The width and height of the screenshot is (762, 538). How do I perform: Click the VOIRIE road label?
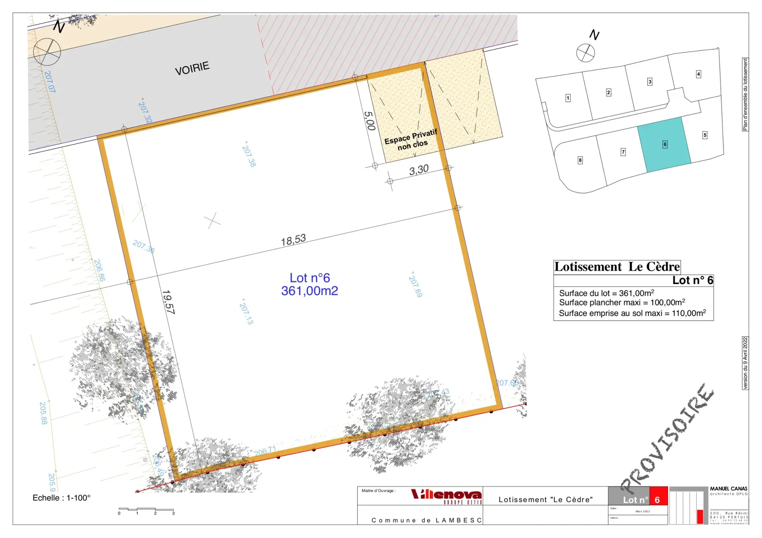[192, 68]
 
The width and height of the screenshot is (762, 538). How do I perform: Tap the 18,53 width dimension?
[293, 240]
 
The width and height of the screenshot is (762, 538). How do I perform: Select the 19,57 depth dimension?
[168, 302]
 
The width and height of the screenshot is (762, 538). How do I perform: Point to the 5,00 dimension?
[369, 120]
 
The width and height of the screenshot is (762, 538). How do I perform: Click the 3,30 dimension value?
[419, 170]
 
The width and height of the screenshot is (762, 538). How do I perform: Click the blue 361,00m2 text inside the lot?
[309, 291]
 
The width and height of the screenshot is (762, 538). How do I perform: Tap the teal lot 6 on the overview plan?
[664, 144]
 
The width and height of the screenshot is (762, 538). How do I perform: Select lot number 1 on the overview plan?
[568, 98]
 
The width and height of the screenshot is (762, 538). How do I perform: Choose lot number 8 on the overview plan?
[580, 160]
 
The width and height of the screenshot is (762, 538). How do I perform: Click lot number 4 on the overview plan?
[698, 74]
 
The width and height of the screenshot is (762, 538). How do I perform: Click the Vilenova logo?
[446, 495]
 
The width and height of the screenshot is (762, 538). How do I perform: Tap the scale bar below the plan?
[146, 510]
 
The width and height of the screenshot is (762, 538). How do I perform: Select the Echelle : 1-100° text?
[62, 498]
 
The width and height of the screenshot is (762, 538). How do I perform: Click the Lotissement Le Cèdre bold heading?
[617, 267]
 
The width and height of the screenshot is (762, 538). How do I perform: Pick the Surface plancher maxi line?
[622, 302]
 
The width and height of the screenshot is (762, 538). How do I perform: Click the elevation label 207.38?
[249, 156]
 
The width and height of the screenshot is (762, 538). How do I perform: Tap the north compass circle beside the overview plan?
[585, 53]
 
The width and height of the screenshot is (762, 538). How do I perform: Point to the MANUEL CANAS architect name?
[729, 489]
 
